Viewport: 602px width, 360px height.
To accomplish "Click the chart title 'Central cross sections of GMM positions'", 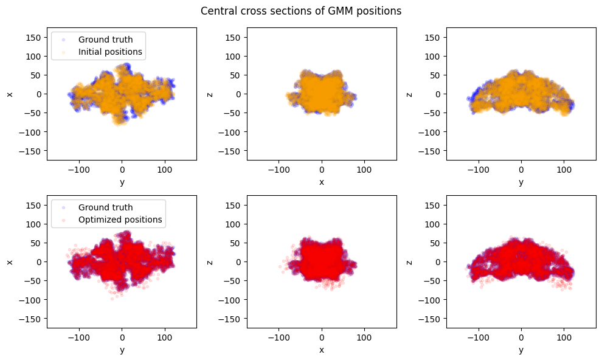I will [x=300, y=11].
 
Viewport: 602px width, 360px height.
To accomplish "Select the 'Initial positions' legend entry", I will [x=110, y=52].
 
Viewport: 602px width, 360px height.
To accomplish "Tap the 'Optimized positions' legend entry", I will [x=120, y=220].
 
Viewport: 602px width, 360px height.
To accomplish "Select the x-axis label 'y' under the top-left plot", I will [x=122, y=182].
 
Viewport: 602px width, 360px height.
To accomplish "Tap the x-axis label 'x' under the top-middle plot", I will [x=322, y=182].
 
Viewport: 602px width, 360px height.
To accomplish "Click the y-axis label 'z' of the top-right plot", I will [x=410, y=94].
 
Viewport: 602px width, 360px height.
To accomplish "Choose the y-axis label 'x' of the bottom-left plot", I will [x=10, y=261].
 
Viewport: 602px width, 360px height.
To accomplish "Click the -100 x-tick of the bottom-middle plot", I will [x=279, y=336].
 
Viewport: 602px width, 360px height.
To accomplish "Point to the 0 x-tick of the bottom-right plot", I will [x=521, y=336].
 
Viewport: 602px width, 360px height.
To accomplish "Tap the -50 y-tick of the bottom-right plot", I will [x=435, y=281].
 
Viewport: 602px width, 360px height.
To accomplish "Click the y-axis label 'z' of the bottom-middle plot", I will [x=210, y=261].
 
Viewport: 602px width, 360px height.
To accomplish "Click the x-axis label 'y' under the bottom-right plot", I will [x=521, y=350].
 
